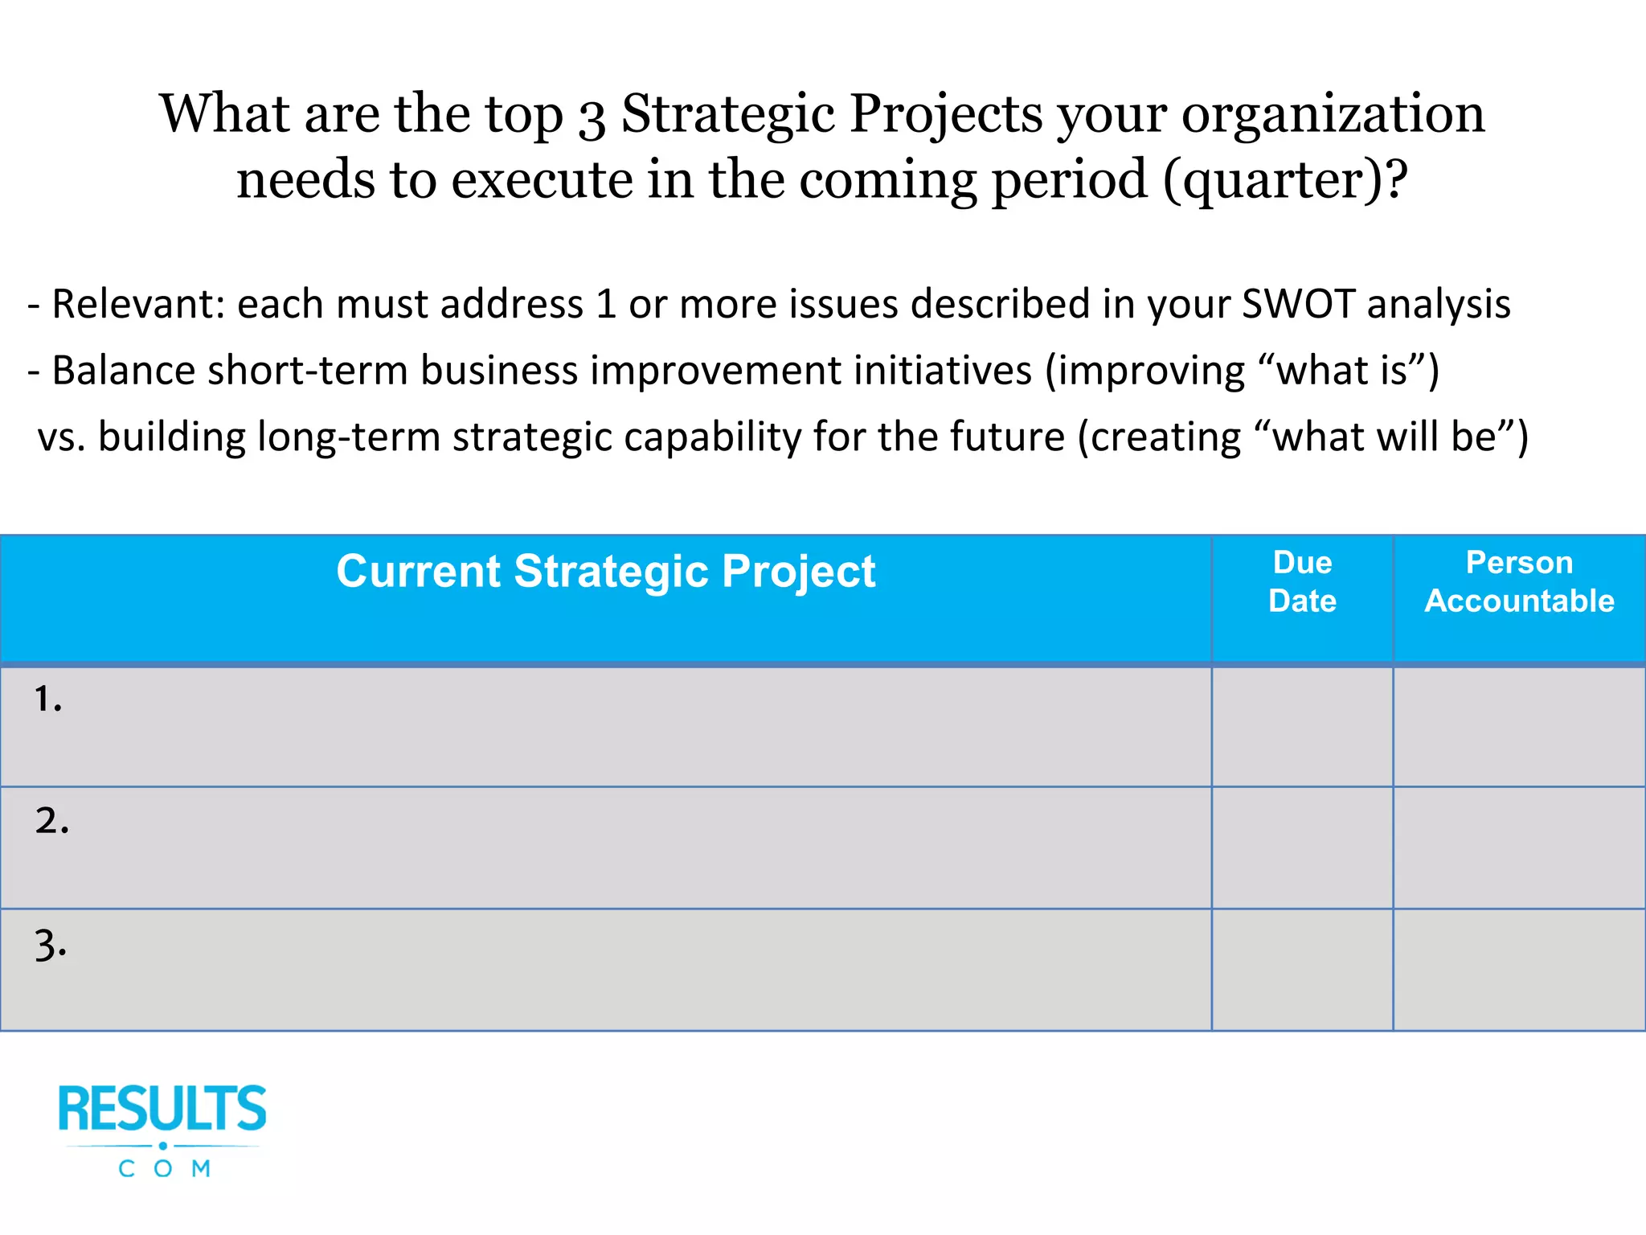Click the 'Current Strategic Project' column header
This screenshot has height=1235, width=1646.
605,572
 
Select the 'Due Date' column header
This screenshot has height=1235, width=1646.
1302,581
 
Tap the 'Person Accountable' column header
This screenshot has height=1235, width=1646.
1519,581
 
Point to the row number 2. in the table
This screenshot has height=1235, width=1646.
51,821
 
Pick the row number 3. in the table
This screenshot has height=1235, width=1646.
51,945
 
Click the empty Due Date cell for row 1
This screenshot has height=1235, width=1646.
1302,727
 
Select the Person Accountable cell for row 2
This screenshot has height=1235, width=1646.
1519,848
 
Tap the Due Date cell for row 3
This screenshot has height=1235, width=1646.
1302,970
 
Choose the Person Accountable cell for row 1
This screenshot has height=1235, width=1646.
1519,727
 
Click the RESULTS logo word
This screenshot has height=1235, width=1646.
162,1110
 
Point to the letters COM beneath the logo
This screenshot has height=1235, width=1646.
165,1168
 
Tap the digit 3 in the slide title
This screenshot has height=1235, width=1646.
592,117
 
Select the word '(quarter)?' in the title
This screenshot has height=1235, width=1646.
1285,181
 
